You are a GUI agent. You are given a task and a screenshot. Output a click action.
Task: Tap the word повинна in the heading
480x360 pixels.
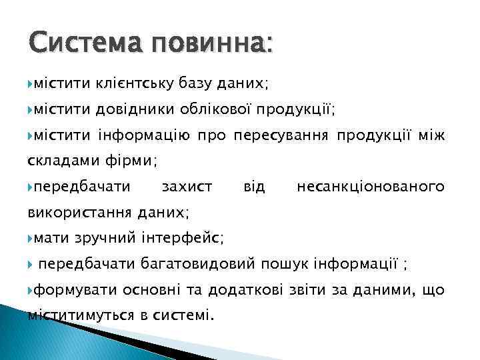click(211, 45)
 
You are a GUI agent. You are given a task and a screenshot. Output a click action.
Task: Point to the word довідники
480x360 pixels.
click(134, 109)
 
